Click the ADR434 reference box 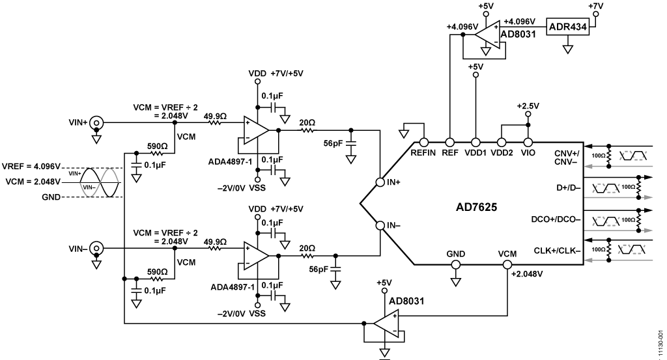point(567,27)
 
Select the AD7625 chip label point(476,208)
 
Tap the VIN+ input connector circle point(96,122)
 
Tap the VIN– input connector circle point(96,248)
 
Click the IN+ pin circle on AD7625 point(380,182)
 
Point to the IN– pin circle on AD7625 point(380,225)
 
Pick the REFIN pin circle point(423,143)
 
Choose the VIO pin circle point(528,143)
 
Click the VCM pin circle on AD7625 point(507,265)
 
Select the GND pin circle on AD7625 point(455,265)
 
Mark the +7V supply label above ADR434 point(595,6)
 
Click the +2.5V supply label point(528,106)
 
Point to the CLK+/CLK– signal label point(558,251)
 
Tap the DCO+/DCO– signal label point(556,219)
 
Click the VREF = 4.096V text point(31,166)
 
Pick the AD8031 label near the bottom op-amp point(406,301)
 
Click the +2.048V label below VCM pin point(527,274)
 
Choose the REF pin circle point(449,143)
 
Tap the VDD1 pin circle point(475,143)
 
